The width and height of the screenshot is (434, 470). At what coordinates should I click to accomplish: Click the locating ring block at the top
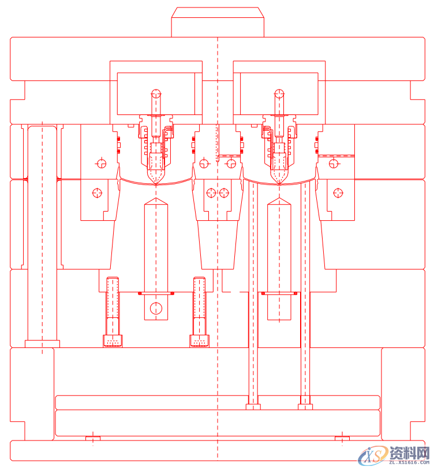tap(218, 23)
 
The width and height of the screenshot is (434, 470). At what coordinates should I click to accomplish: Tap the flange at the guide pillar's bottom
tap(42, 344)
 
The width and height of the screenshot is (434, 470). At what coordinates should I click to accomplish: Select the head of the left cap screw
tap(113, 341)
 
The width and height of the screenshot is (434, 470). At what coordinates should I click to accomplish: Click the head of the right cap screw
tap(199, 341)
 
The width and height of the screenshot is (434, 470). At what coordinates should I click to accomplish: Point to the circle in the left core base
tap(156, 308)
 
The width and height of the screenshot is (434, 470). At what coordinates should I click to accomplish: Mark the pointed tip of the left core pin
tap(156, 198)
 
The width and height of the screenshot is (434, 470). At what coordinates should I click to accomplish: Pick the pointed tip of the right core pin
tap(279, 198)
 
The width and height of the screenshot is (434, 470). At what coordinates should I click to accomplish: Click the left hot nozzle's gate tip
tap(156, 183)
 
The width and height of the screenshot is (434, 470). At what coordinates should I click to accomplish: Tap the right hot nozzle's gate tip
tap(279, 183)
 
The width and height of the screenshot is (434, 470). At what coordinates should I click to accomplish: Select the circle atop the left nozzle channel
tap(156, 94)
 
